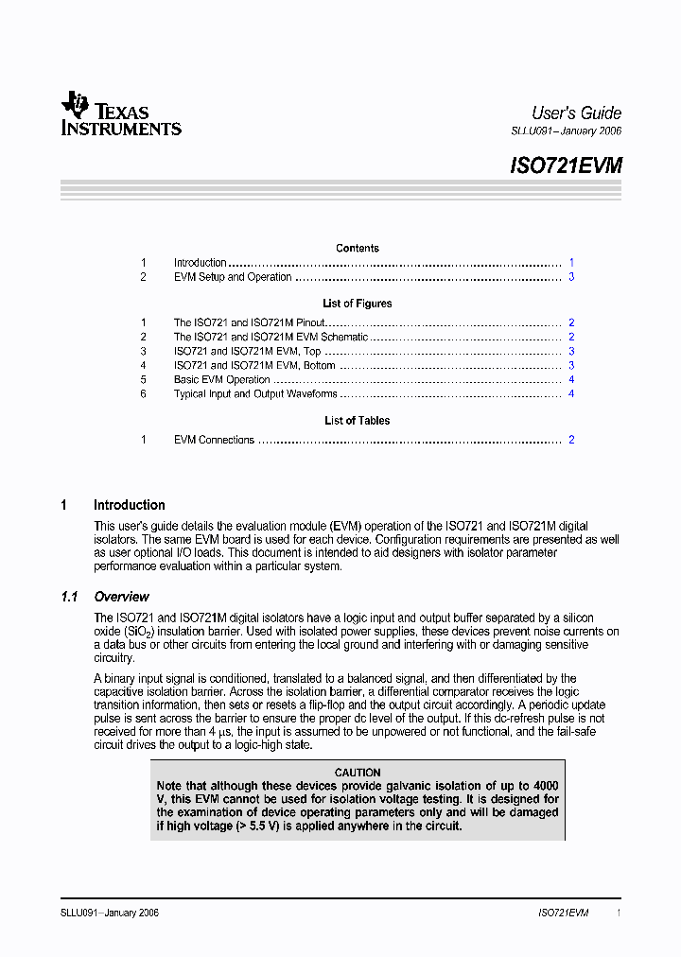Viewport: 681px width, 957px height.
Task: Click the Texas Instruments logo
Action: [120, 114]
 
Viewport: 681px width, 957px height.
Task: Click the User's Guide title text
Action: [576, 113]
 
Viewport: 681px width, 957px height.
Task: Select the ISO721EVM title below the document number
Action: [566, 165]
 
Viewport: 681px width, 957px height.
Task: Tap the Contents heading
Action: [358, 249]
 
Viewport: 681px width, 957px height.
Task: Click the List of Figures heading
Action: [358, 304]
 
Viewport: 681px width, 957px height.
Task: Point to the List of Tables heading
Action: [358, 421]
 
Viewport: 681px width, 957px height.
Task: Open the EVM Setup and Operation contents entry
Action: [233, 277]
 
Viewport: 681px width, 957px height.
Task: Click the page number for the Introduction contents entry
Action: [571, 263]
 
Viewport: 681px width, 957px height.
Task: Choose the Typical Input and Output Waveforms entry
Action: [255, 394]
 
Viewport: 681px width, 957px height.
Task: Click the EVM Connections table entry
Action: [214, 440]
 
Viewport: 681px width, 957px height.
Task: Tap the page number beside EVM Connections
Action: [571, 440]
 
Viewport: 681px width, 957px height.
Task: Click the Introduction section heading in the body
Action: [129, 505]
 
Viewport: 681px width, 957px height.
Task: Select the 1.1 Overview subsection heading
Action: [121, 597]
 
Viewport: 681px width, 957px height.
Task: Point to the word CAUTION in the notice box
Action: [358, 773]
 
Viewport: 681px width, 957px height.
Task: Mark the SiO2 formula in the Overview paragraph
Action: [138, 632]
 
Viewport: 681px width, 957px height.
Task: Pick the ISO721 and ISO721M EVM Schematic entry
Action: [271, 337]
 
